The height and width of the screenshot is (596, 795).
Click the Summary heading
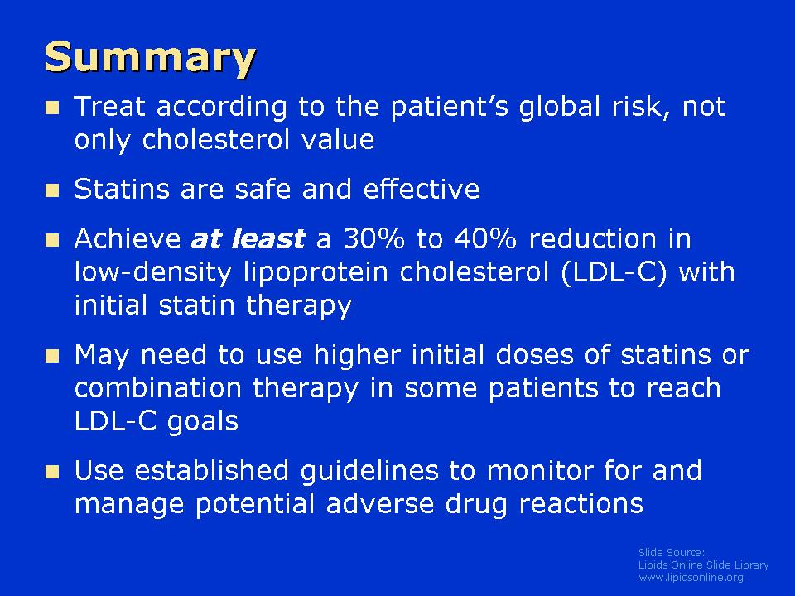tap(150, 58)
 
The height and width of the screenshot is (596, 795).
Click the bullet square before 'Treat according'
tap(52, 108)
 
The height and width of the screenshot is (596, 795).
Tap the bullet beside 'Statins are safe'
tap(52, 190)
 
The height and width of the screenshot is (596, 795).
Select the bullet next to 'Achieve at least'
tap(52, 240)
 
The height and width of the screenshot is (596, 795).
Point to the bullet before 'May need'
tap(52, 356)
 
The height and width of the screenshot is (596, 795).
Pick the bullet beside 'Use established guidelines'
tap(52, 472)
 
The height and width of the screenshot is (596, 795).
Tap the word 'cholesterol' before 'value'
tap(215, 140)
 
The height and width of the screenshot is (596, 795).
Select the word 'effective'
tap(422, 189)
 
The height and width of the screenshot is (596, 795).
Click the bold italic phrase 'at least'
tap(248, 238)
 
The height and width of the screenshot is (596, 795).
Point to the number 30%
tap(374, 238)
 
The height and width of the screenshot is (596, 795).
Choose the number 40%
tap(485, 238)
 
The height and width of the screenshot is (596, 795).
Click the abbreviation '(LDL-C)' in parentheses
tap(614, 272)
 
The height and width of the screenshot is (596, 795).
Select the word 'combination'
tap(157, 387)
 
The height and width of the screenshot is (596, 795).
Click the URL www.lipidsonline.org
tap(691, 578)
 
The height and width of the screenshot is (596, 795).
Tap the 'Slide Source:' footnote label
tap(672, 552)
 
